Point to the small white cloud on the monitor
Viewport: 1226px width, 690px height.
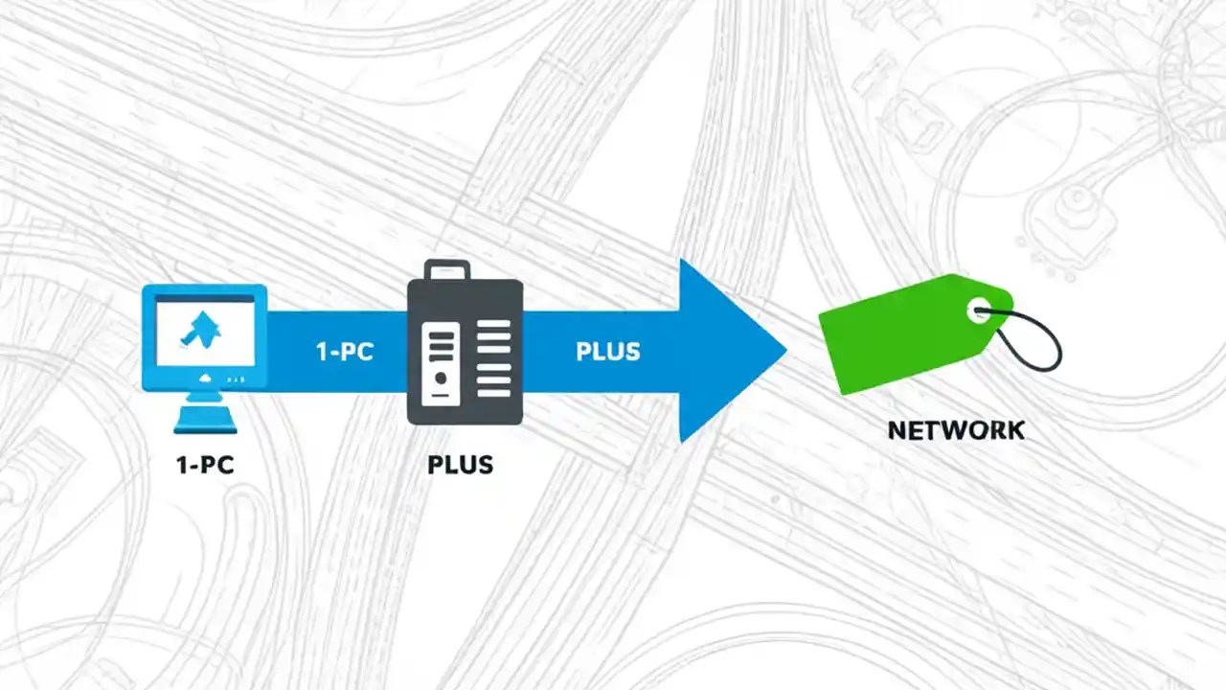pyautogui.click(x=204, y=380)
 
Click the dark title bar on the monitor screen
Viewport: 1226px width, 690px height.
pyautogui.click(x=204, y=299)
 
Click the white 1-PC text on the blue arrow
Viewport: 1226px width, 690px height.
pyautogui.click(x=344, y=352)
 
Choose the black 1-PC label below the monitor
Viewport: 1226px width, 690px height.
pyautogui.click(x=205, y=465)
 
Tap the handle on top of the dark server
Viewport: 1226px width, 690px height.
pyautogui.click(x=447, y=270)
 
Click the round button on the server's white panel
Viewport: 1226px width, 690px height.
pyautogui.click(x=441, y=378)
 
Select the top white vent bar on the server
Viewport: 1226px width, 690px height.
pyautogui.click(x=494, y=326)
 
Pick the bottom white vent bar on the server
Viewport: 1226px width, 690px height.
pyautogui.click(x=494, y=392)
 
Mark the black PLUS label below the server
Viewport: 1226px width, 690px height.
pyautogui.click(x=460, y=465)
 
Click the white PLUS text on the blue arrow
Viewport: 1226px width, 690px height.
pyautogui.click(x=607, y=352)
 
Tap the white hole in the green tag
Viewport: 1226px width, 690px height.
pyautogui.click(x=979, y=310)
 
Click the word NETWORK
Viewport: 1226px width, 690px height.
pyautogui.click(x=956, y=430)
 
